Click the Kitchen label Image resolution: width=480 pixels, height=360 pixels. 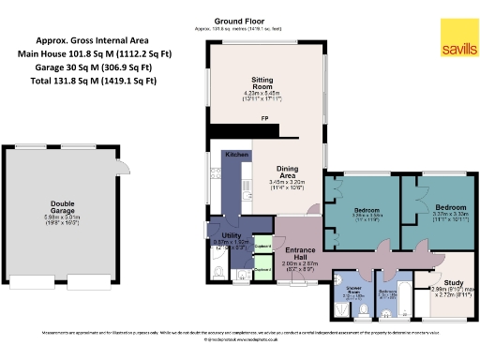tap(236, 153)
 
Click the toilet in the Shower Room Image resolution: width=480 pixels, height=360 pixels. tap(339, 307)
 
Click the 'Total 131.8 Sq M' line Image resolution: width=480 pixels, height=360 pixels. tap(96, 82)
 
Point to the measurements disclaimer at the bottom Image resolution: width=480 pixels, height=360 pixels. tap(240, 333)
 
